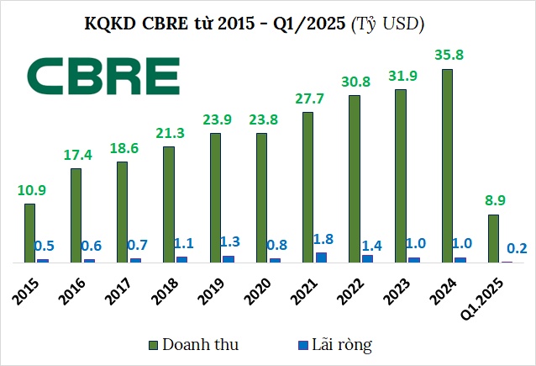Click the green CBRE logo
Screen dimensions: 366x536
coord(103,76)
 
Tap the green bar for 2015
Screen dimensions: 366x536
coord(30,233)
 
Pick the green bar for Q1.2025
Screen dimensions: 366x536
coord(494,238)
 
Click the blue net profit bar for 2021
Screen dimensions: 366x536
coord(321,257)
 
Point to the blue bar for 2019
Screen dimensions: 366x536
coord(229,258)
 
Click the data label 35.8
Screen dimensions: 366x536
coord(446,56)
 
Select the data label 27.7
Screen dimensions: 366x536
coord(307,99)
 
